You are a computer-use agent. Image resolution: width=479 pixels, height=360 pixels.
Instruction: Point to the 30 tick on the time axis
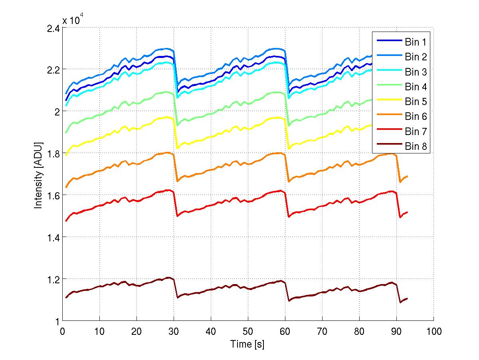pos(174,331)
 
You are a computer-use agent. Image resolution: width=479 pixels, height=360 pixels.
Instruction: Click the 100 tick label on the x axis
pos(433,331)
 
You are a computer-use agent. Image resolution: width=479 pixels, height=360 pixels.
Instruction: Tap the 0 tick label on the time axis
pos(62,331)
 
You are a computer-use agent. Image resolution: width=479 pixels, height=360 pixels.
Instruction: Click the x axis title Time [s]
pos(247,344)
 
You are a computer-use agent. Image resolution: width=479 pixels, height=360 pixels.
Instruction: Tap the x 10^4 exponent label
pos(73,20)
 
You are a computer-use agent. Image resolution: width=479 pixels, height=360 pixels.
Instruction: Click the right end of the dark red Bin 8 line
pos(408,298)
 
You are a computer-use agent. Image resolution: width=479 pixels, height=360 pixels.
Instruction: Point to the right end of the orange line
pos(408,176)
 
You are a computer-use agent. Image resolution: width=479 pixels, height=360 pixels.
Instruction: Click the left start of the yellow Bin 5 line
pos(66,155)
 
